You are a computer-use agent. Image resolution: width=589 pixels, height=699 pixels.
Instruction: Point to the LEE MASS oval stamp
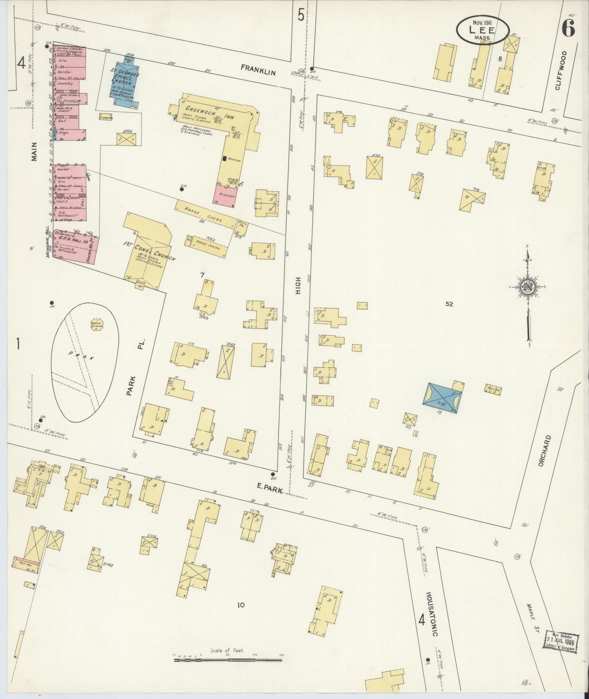[x=482, y=30]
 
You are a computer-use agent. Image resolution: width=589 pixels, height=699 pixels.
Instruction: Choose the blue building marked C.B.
[x=442, y=398]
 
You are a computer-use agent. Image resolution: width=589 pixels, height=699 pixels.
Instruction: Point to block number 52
[x=449, y=304]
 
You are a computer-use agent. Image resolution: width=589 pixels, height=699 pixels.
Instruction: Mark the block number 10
[x=240, y=605]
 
